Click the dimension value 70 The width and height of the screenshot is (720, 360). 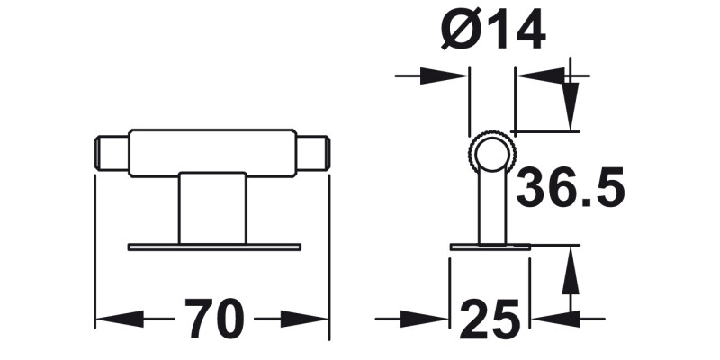click(215, 319)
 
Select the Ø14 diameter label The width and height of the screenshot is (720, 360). click(493, 33)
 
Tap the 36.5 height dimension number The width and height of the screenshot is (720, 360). click(571, 189)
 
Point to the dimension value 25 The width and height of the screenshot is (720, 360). click(490, 319)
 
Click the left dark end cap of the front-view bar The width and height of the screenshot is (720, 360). click(111, 152)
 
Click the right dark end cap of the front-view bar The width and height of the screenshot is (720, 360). click(311, 152)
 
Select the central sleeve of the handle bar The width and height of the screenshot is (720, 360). click(212, 152)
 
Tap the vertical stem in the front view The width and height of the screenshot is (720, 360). click(212, 208)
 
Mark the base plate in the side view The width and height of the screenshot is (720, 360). click(490, 246)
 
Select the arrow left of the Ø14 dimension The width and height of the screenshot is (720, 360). click(445, 76)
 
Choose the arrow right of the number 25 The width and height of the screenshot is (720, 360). click(553, 319)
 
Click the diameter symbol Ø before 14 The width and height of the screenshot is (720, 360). click(462, 33)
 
